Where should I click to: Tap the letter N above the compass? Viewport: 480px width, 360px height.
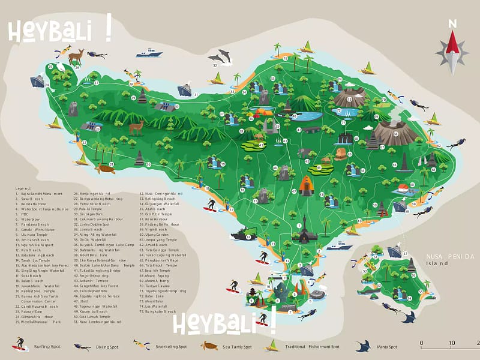click(x=453, y=23)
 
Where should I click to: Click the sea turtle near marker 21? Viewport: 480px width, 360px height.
click(x=107, y=169)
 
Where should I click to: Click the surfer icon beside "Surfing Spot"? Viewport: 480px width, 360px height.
click(x=19, y=344)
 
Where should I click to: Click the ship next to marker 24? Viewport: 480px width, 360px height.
click(x=37, y=80)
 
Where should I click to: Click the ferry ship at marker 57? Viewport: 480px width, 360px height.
click(x=394, y=251)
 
